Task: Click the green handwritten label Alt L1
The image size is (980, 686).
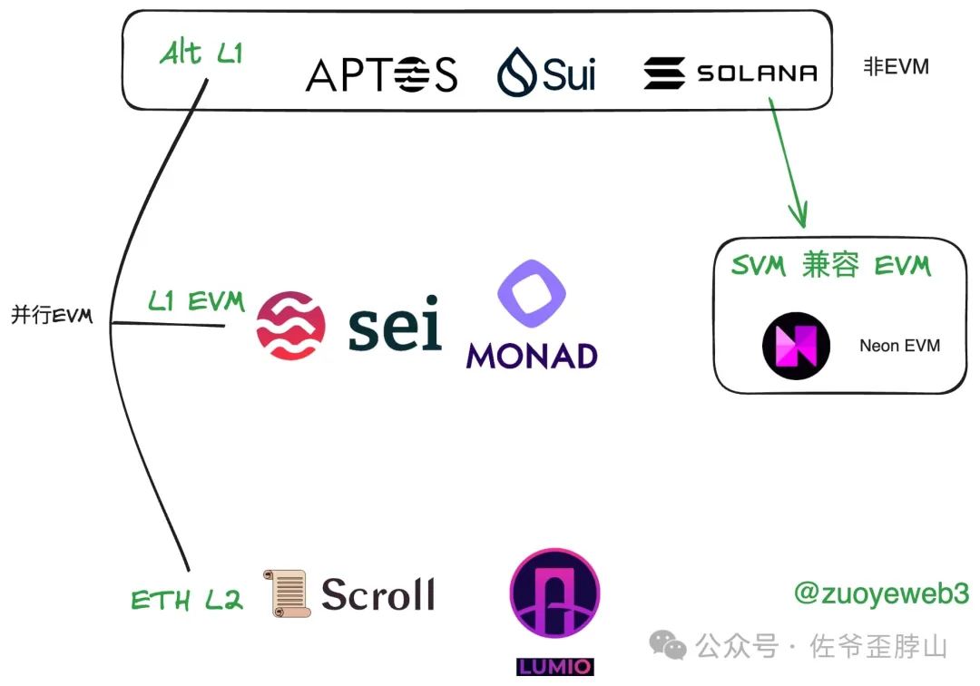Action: (201, 54)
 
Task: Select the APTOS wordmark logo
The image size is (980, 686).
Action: (381, 74)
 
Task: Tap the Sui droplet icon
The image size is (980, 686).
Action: (517, 73)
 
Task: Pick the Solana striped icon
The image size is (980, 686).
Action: (664, 73)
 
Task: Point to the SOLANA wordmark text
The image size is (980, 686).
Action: (757, 73)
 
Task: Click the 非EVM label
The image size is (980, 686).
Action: (896, 66)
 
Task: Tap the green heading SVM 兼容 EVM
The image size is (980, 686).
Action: (830, 266)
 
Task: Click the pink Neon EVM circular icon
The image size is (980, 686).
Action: (795, 346)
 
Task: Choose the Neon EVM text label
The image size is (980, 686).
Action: (899, 346)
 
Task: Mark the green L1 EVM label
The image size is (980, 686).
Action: (196, 302)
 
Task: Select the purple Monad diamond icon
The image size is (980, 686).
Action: (532, 296)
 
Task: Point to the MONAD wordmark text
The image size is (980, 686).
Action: (532, 356)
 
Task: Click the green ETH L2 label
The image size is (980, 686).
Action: (187, 600)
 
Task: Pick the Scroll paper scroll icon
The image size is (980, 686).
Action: (287, 593)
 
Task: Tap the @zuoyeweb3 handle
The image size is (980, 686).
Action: (881, 593)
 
